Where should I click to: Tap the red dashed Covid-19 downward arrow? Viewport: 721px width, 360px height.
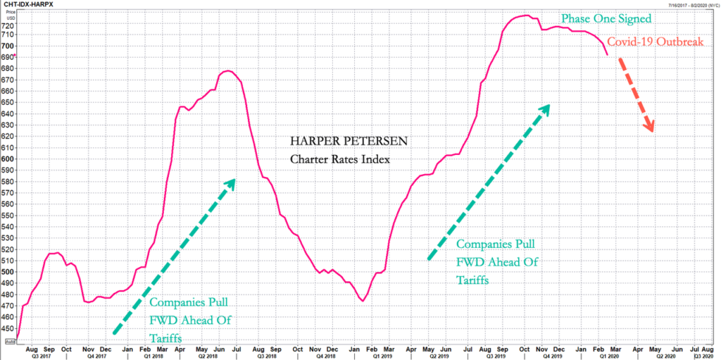(636, 95)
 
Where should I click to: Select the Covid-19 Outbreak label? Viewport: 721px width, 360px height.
(656, 43)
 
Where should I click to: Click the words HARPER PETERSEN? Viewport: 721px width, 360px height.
(339, 141)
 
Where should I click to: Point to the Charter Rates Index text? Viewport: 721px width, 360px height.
(339, 159)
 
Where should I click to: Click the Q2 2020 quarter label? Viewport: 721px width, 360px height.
(664, 356)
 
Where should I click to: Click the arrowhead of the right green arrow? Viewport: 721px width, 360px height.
(545, 108)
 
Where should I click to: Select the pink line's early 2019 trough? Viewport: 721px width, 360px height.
(363, 302)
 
